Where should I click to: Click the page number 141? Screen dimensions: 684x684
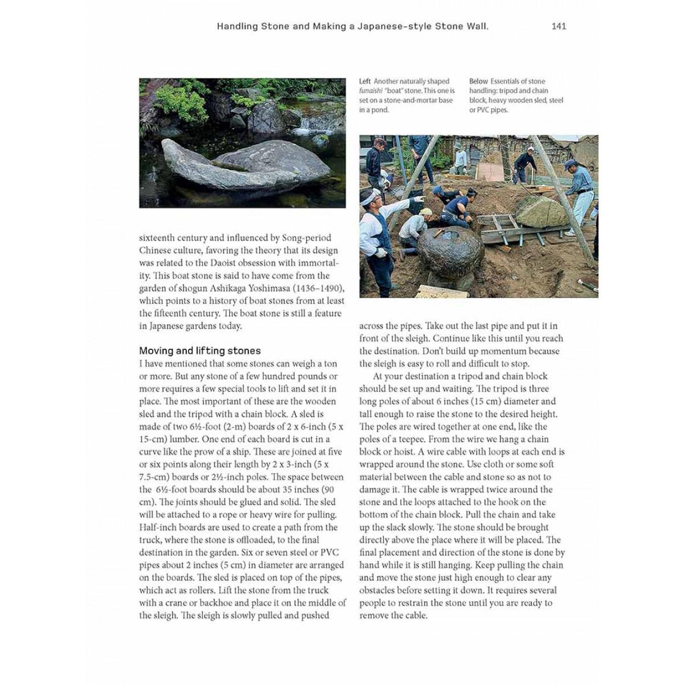pyautogui.click(x=559, y=26)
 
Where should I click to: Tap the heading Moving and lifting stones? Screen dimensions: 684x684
pyautogui.click(x=200, y=351)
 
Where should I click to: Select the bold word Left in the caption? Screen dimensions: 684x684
pyautogui.click(x=365, y=82)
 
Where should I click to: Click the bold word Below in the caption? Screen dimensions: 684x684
pyautogui.click(x=479, y=82)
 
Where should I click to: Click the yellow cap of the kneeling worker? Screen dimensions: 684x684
pyautogui.click(x=425, y=212)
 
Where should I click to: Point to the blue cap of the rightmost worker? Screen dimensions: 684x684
pyautogui.click(x=569, y=164)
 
